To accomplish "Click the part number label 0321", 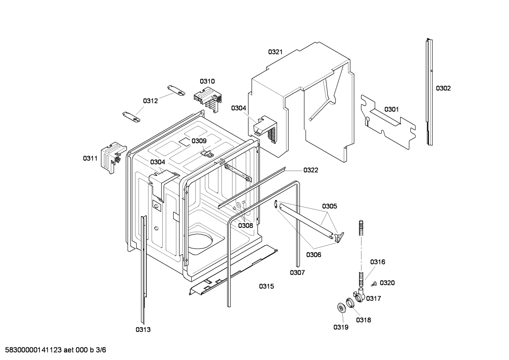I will [x=275, y=52].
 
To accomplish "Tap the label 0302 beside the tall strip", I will [x=443, y=88].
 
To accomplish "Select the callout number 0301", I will [x=391, y=109].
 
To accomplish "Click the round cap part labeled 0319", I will [x=341, y=308].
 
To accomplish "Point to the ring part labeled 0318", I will [x=350, y=303].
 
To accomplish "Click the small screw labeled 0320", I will [x=375, y=283].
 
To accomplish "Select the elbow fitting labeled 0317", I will [x=359, y=295].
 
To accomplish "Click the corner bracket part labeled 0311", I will [x=112, y=155].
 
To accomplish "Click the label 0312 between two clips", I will [x=150, y=101].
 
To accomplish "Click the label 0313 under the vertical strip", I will [x=143, y=330].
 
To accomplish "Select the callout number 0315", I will [x=267, y=287].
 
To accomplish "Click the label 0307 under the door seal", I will [x=297, y=272].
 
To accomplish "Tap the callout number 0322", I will [x=311, y=170].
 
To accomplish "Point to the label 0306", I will [x=313, y=254].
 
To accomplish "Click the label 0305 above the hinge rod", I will [x=329, y=206].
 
